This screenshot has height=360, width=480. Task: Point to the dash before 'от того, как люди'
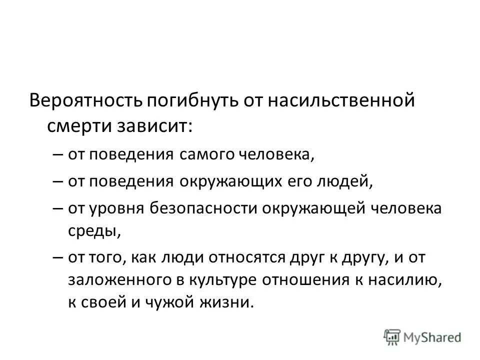pyautogui.click(x=57, y=258)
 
